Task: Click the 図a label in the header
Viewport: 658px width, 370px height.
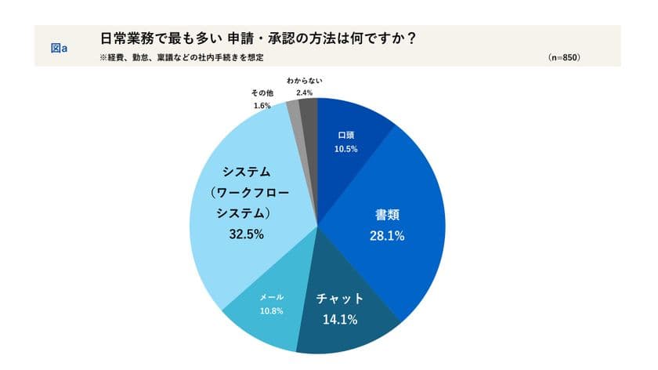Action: pyautogui.click(x=59, y=48)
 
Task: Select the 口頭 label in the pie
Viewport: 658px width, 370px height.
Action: pyautogui.click(x=345, y=135)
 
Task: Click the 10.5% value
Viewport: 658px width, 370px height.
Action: pyautogui.click(x=345, y=148)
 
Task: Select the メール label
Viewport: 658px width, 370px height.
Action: pyautogui.click(x=271, y=296)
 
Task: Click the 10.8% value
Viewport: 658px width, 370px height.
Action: pyautogui.click(x=271, y=310)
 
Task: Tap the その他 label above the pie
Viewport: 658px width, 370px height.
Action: pyautogui.click(x=262, y=92)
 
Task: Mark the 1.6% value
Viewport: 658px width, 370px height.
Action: pyautogui.click(x=262, y=105)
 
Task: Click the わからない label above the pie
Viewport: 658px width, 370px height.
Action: pyautogui.click(x=305, y=80)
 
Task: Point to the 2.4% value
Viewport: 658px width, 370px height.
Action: pyautogui.click(x=305, y=92)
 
